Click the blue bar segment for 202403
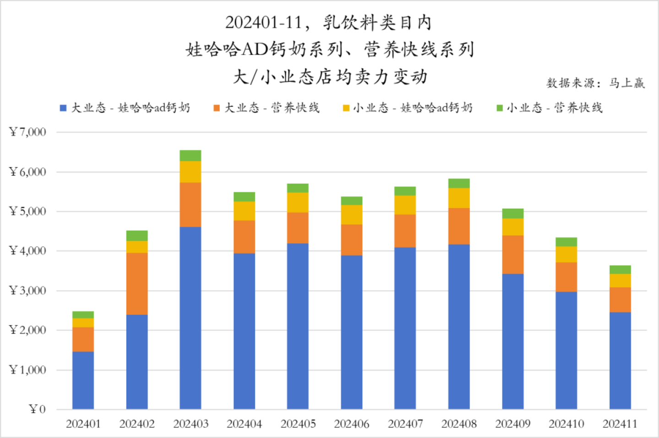190,318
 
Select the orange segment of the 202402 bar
137,283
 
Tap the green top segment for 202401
83,315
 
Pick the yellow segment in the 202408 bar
459,198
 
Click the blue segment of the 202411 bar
620,360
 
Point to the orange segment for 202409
512,254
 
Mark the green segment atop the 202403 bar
190,156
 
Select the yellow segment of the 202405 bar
298,202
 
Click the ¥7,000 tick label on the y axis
28,132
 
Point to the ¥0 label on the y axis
37,409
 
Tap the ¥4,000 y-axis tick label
28,251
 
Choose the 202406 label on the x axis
351,424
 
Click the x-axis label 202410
566,424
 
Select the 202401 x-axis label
83,424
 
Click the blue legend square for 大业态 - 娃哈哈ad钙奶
63,108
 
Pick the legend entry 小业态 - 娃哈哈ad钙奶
408,108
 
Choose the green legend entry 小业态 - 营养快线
550,108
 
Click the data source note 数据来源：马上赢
595,83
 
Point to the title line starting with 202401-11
328,22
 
